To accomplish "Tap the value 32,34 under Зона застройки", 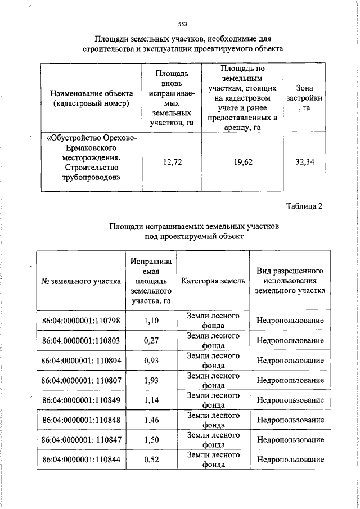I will click(x=305, y=163).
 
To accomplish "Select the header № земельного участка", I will click(x=81, y=281).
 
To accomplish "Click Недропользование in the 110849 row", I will click(x=290, y=400).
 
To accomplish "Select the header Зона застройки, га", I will click(x=305, y=98).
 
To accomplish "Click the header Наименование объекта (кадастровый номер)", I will click(x=92, y=98).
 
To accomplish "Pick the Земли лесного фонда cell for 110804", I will click(x=213, y=360).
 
